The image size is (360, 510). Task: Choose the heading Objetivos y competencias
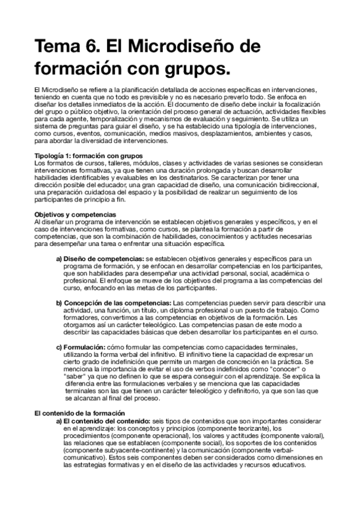[x=72, y=214]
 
